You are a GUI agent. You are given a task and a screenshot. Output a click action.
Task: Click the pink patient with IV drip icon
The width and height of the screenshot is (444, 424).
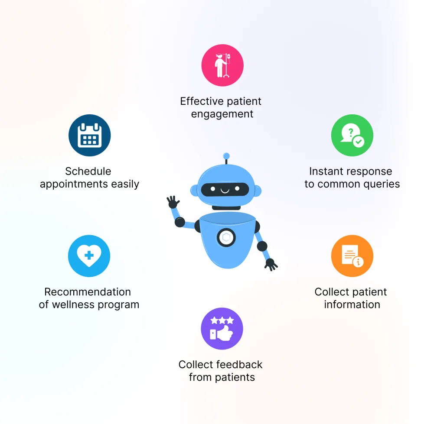pos(222,65)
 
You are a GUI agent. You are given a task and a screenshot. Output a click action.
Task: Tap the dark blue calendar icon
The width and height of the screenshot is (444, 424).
pos(89,135)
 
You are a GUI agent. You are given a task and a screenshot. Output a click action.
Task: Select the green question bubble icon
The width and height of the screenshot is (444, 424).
pos(352,135)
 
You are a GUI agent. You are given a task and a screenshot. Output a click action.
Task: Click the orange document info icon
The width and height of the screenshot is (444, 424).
pos(352,256)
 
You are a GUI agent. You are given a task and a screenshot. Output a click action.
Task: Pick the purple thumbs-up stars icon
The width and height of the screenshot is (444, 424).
pos(222,329)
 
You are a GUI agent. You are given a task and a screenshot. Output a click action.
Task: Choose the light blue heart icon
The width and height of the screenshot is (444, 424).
pos(89,256)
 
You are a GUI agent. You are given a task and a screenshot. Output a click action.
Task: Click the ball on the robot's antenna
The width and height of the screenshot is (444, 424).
pos(226,156)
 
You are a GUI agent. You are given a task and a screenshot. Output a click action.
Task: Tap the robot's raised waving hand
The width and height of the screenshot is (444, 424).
pos(173,202)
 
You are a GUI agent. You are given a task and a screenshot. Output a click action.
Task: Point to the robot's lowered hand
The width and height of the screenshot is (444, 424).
pos(271,265)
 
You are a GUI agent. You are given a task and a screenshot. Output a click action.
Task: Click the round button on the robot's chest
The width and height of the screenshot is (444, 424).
pos(226,237)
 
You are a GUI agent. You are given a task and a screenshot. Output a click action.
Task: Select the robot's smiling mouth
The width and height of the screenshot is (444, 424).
pos(225,191)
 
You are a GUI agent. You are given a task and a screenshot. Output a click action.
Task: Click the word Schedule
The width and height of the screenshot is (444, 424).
pos(88,172)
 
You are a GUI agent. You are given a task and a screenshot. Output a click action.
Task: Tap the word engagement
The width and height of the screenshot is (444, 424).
pos(222,114)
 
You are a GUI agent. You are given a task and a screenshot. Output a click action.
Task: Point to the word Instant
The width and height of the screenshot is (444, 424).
pos(326,172)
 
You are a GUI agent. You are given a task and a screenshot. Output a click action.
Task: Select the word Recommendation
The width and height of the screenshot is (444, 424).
pos(88,292)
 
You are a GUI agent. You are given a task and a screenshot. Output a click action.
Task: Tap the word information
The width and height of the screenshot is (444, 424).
pos(352,304)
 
